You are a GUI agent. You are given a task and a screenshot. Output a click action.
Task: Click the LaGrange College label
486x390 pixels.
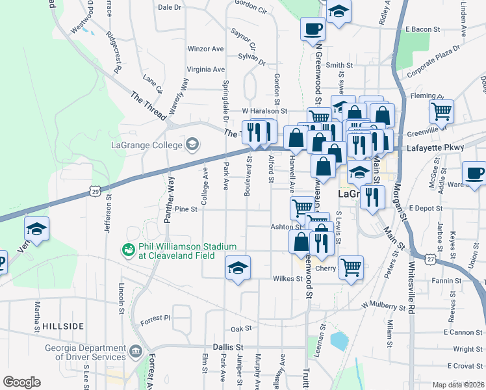click(147, 144)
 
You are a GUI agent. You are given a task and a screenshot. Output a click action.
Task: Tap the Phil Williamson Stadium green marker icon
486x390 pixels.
click(129, 249)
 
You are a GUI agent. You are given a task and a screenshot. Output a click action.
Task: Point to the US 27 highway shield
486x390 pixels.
click(430, 259)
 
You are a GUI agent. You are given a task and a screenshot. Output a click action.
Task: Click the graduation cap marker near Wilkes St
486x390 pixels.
click(238, 267)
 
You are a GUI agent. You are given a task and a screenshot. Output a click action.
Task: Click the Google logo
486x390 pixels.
click(21, 382)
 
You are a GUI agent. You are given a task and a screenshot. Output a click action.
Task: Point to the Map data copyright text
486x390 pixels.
click(458, 385)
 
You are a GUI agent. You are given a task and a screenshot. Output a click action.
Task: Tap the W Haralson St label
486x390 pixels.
click(264, 111)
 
